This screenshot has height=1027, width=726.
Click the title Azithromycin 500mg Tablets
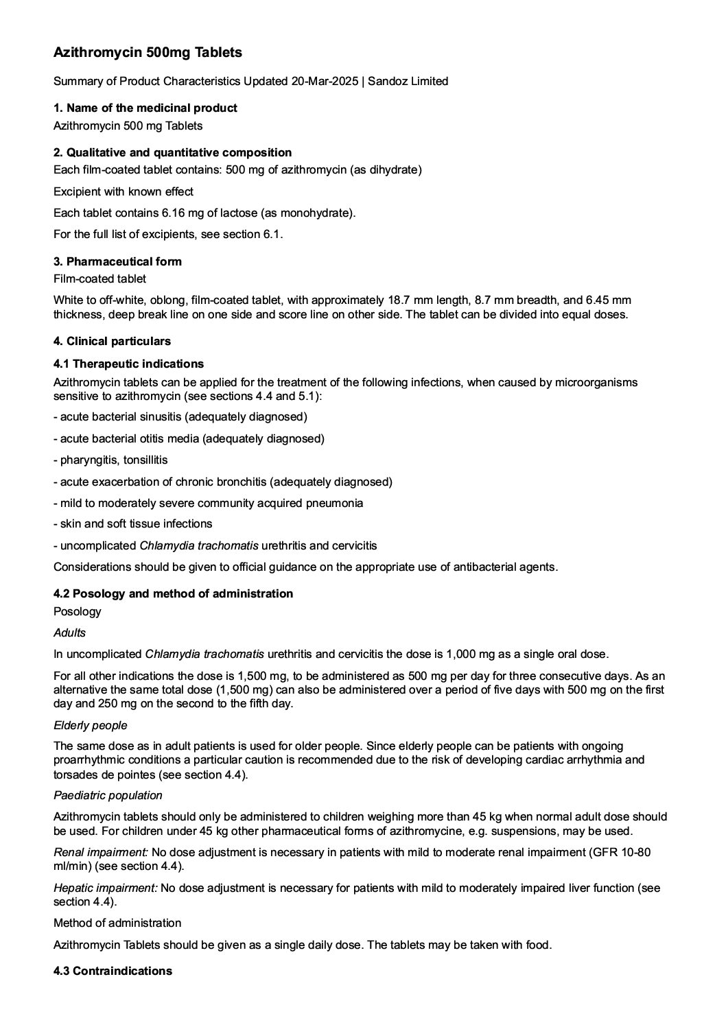point(148,52)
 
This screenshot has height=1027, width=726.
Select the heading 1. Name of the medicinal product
point(145,108)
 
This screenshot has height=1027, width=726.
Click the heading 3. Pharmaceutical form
point(117,261)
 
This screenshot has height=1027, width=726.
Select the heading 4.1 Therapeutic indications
point(128,364)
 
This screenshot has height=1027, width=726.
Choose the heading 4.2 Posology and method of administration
point(173,593)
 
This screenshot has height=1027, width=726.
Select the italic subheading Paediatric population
point(108,795)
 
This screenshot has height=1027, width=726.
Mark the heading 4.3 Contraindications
point(113,971)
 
